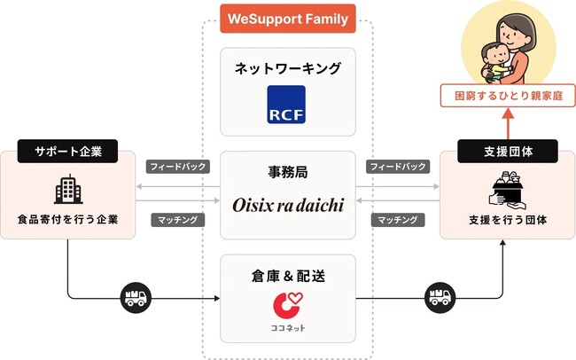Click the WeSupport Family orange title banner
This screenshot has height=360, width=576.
pos(288,19)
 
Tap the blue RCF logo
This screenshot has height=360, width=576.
pos(286,105)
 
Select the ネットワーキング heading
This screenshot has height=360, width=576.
pos(288,68)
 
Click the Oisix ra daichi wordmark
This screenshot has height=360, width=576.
pos(288,205)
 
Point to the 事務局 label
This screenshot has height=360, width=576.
pos(288,172)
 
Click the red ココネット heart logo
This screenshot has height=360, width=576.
pos(288,304)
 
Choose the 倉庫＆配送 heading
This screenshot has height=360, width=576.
pos(288,276)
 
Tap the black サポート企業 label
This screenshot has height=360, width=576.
pos(67,151)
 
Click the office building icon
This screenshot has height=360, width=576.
pos(68,189)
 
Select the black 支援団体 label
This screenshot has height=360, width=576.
pos(508,151)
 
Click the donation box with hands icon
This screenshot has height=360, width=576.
pos(507,190)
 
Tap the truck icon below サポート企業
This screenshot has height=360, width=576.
pos(136,297)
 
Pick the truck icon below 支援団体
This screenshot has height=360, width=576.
pos(440,297)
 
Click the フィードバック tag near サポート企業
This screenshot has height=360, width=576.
pos(178,167)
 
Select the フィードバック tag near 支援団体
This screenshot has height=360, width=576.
pos(398,167)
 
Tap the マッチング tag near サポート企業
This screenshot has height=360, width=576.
pos(178,220)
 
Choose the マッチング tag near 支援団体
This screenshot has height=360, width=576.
pos(398,220)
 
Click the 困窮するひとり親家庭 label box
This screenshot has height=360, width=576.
pos(508,96)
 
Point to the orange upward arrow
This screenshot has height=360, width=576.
pos(508,123)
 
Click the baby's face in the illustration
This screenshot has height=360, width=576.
pos(495,54)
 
